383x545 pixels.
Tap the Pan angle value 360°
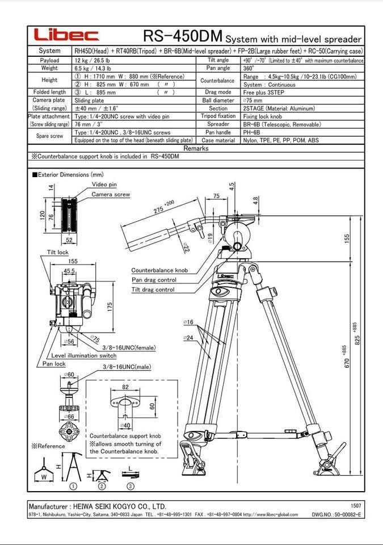pos(249,68)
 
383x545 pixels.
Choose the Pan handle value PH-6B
pos(252,132)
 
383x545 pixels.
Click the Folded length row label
pos(49,92)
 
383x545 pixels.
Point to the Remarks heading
pos(196,148)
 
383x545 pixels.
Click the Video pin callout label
pos(104,185)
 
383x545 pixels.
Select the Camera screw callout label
pos(111,194)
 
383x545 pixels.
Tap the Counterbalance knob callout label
pos(159,271)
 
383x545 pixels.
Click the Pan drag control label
pos(154,280)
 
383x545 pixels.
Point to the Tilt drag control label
pos(153,290)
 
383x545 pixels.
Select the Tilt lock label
pos(57,251)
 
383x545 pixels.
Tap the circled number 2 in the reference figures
pos(101,486)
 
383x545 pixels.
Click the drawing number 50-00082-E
pos(344,514)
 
